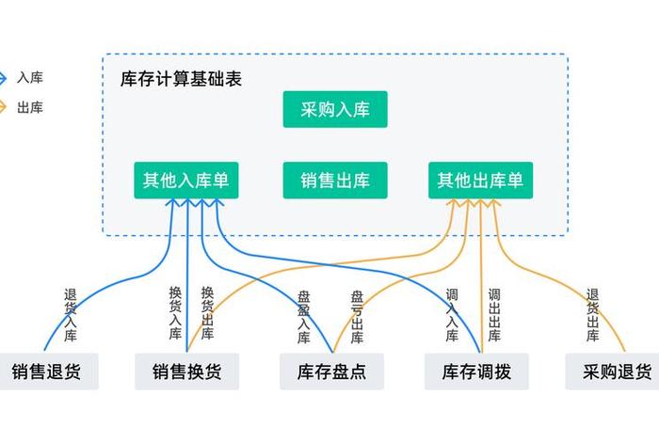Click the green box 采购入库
pyautogui.click(x=335, y=110)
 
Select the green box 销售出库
pyautogui.click(x=335, y=180)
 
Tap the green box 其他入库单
pyautogui.click(x=185, y=180)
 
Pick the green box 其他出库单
pyautogui.click(x=481, y=180)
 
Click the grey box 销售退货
pyautogui.click(x=47, y=371)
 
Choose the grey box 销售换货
pyautogui.click(x=186, y=371)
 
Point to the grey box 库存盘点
pyautogui.click(x=324, y=371)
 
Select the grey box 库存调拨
pyautogui.click(x=476, y=371)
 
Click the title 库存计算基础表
pyautogui.click(x=182, y=79)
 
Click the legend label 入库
pyautogui.click(x=30, y=78)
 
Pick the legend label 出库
pyautogui.click(x=30, y=108)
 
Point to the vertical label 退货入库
pyautogui.click(x=71, y=314)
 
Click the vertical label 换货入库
pyautogui.click(x=175, y=312)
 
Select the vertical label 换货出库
pyautogui.click(x=207, y=312)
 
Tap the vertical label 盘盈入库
pyautogui.click(x=303, y=315)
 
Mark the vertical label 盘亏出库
pyautogui.click(x=357, y=315)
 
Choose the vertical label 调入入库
pyautogui.click(x=452, y=315)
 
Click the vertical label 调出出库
pyautogui.click(x=494, y=315)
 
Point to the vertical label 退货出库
pyautogui.click(x=592, y=315)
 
